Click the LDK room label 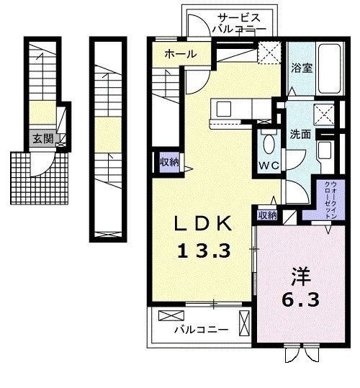pos(203,223)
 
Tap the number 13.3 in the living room pos(204,251)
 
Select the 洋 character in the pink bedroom pos(301,276)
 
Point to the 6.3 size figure pos(300,299)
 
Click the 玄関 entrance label pos(43,139)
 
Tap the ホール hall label pos(181,54)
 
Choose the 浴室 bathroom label pos(302,68)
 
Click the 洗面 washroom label pos(300,135)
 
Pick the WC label pos(269,166)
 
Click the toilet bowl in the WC pos(269,144)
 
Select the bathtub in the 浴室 pos(329,69)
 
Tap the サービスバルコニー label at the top pos(239,24)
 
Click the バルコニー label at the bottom pos(201,330)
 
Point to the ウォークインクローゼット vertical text pos(330,199)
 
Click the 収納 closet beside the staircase pos(169,163)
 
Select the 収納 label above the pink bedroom pos(267,215)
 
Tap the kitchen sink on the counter pos(224,109)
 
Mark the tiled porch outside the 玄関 pos(39,178)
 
